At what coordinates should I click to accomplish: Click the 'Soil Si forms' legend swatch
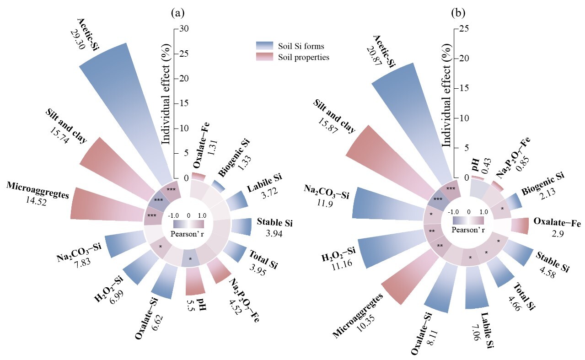tap(264, 45)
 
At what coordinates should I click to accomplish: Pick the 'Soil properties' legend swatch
tap(264, 57)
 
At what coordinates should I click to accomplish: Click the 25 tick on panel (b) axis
tap(462, 29)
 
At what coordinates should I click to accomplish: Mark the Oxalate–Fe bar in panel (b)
tap(520, 226)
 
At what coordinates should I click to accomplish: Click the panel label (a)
tap(178, 13)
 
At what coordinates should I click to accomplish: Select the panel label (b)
tap(458, 13)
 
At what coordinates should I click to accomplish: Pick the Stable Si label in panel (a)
tap(275, 223)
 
